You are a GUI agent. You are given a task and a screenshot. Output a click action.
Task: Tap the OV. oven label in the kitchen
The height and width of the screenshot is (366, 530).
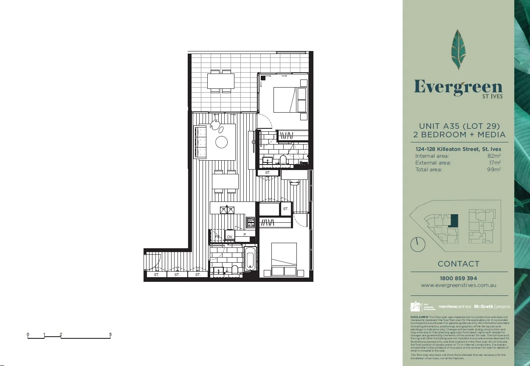tap(229, 236)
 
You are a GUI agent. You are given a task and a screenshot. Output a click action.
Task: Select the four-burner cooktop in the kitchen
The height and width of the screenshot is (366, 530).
tap(251, 222)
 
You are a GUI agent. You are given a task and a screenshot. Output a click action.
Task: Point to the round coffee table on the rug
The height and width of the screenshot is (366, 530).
tap(222, 142)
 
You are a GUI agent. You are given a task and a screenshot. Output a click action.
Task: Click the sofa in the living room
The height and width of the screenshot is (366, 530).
tap(200, 142)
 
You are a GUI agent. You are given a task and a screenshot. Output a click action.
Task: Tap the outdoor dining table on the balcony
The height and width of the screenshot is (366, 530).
tap(221, 81)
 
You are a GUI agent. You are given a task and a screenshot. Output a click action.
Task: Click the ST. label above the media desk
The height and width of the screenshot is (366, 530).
tap(268, 173)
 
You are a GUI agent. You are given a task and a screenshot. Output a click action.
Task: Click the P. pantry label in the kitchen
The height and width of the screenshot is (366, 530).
tap(245, 234)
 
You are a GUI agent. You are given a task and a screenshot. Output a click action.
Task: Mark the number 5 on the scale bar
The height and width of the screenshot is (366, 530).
tap(110, 335)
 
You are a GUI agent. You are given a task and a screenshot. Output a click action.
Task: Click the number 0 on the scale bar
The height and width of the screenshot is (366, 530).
tap(28, 335)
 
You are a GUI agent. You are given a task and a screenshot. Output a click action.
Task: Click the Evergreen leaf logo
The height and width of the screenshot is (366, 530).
tap(458, 49)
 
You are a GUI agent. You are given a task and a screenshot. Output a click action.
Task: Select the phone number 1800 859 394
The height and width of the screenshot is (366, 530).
tap(459, 278)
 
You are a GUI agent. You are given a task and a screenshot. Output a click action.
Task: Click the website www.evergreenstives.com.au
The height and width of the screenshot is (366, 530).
tap(459, 286)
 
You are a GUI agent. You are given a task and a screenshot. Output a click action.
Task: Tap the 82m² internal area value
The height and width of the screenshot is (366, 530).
tap(494, 156)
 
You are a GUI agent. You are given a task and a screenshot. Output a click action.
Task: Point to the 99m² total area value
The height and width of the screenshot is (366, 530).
tap(494, 170)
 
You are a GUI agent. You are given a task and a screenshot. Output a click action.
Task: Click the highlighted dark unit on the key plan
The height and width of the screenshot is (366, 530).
tap(454, 221)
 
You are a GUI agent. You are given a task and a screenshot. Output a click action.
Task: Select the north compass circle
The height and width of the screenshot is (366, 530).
tap(417, 244)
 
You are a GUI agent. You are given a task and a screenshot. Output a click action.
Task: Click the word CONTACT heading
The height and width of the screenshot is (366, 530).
tap(459, 264)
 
